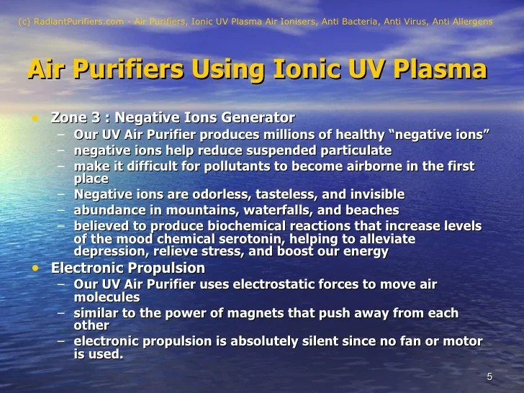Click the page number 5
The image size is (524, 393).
click(x=489, y=377)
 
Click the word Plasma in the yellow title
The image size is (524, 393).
click(x=433, y=71)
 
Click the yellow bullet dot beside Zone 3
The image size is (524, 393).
click(x=33, y=117)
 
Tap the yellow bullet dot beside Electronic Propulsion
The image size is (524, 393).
click(x=33, y=268)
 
